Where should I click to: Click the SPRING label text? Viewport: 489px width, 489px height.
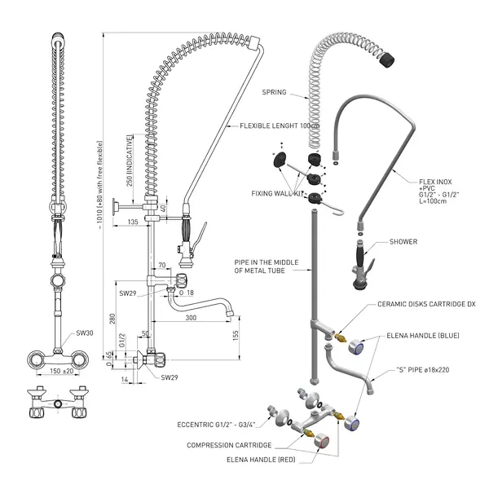(x=274, y=92)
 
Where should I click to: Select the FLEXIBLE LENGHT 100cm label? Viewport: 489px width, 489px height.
(x=279, y=126)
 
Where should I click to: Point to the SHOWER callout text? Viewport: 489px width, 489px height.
(x=403, y=242)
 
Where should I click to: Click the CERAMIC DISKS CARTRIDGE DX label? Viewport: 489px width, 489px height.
(x=426, y=304)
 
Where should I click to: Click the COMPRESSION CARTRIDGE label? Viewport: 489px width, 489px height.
(x=229, y=445)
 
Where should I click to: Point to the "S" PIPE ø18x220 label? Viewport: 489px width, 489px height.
(x=422, y=369)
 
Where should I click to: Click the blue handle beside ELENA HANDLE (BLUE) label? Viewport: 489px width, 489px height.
(x=355, y=348)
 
